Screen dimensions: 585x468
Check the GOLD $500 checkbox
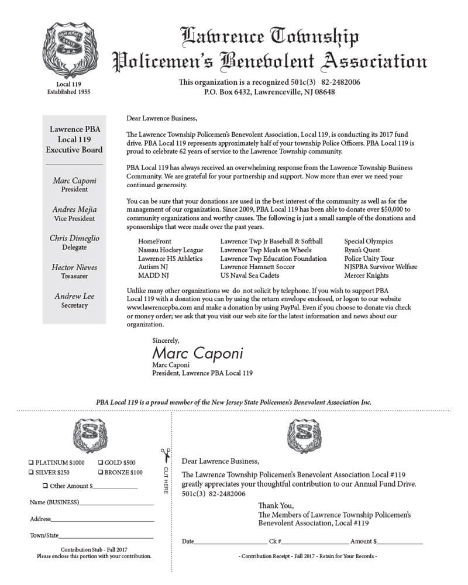[x=101, y=463]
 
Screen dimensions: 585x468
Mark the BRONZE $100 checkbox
[x=101, y=472]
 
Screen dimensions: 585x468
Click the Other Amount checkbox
[x=46, y=486]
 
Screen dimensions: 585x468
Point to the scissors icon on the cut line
[x=166, y=454]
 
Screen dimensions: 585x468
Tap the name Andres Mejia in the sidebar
[x=75, y=209]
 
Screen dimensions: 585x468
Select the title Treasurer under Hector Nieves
[x=75, y=276]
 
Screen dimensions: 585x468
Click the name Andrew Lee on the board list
[x=75, y=296]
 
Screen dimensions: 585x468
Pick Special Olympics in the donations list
[x=369, y=241]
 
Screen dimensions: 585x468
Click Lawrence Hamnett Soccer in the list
[x=257, y=267]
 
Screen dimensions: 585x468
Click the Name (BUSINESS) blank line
[x=116, y=503]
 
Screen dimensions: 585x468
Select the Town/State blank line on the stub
[x=106, y=535]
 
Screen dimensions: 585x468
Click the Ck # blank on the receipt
[x=316, y=542]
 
